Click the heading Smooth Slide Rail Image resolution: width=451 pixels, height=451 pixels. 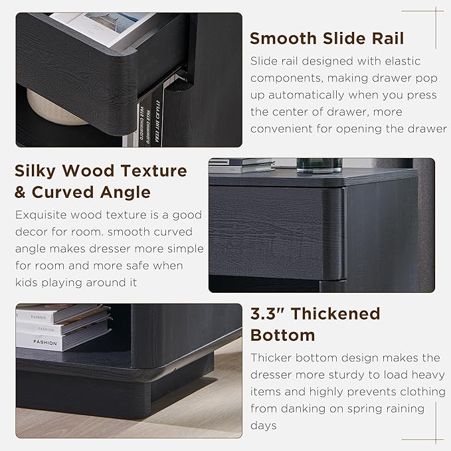click(335, 37)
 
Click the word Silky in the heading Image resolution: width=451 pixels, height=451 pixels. click(38, 171)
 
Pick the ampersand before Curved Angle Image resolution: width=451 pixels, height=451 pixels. click(22, 193)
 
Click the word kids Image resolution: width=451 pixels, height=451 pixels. click(27, 283)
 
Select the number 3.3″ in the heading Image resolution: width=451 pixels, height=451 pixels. click(269, 314)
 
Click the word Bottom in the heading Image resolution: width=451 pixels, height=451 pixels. click(282, 335)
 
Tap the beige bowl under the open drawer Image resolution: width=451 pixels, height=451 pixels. click(56, 108)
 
